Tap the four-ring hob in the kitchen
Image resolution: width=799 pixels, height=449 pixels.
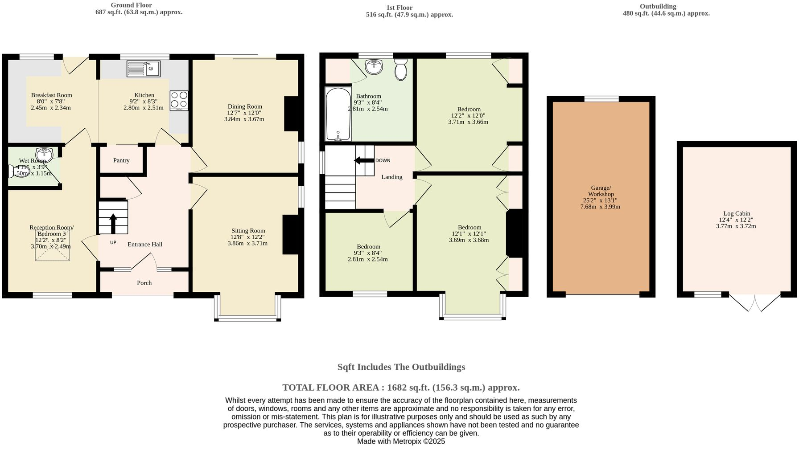[x=179, y=100]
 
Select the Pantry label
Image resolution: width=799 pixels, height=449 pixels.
[x=121, y=160]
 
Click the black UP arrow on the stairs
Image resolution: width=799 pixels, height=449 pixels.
[x=113, y=223]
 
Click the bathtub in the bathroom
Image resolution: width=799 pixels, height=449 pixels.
[x=338, y=114]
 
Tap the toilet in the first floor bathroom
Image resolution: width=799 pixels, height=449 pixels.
[x=401, y=69]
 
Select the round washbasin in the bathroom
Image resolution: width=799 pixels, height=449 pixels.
[x=374, y=67]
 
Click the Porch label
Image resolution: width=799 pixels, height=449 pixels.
[x=144, y=283]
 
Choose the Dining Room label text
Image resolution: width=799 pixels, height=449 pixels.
[x=245, y=106]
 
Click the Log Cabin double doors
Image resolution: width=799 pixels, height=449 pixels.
[x=755, y=302]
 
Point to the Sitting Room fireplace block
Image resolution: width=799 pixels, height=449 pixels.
[x=290, y=235]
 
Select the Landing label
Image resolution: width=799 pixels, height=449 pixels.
[x=391, y=177]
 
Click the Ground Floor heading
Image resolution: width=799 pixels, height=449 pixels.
[x=132, y=5]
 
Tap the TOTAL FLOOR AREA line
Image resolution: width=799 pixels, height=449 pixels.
[x=401, y=387]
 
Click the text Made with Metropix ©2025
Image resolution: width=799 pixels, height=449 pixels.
[x=401, y=441]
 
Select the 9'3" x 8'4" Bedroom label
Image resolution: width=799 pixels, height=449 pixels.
[x=368, y=253]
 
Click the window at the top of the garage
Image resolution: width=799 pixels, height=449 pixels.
[x=601, y=99]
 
